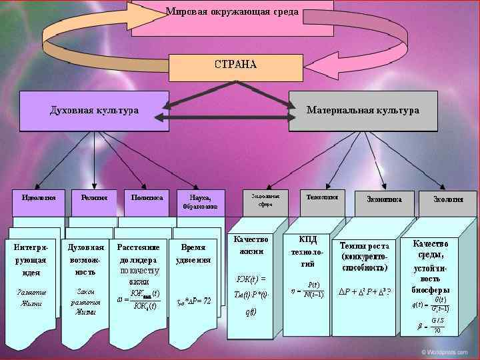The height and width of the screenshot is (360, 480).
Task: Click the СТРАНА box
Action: (235, 65)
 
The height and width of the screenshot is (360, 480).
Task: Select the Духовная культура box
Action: (94, 111)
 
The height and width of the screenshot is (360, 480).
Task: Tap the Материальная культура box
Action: (363, 111)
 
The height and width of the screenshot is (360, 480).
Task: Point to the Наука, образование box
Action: (200, 202)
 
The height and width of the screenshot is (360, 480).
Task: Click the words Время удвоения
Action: (193, 253)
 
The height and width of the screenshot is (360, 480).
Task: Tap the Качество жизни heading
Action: (251, 245)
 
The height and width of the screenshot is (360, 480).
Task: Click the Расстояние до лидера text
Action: (140, 253)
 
